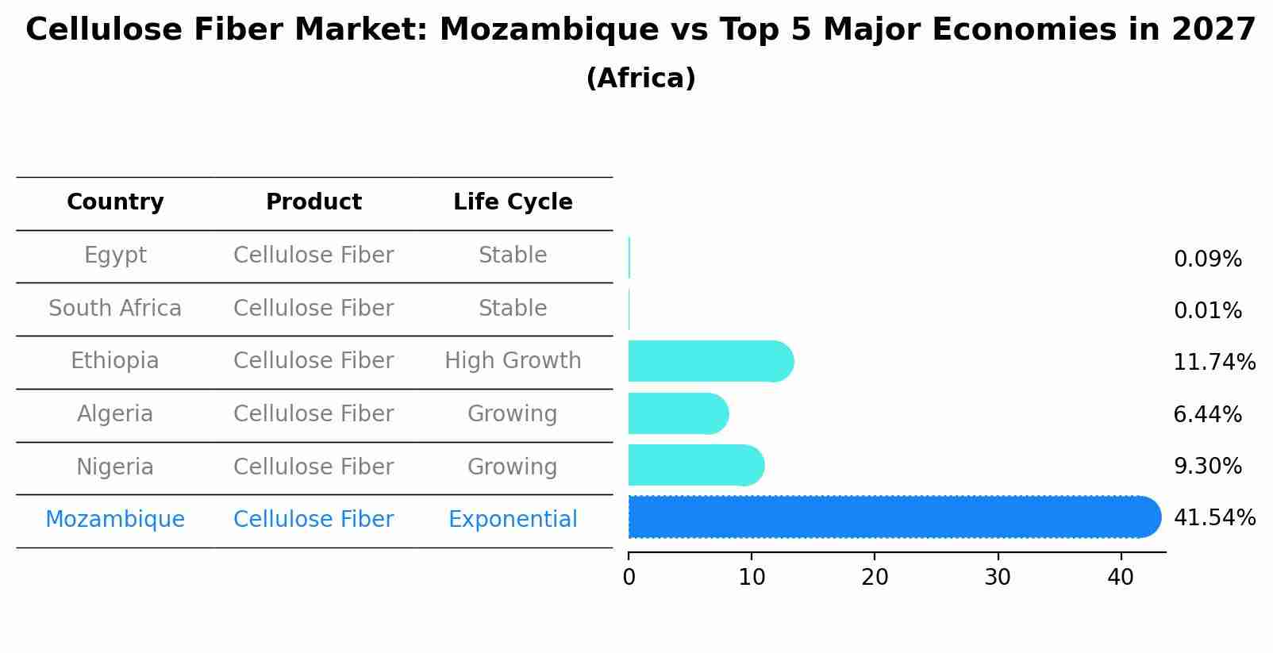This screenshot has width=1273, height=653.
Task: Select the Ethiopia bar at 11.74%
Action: [710, 362]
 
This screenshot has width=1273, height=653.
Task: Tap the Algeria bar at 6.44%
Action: [677, 413]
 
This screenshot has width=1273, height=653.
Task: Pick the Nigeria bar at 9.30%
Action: [695, 466]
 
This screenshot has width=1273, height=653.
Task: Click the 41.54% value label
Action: [1213, 518]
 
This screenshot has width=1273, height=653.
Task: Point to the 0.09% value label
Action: [1207, 259]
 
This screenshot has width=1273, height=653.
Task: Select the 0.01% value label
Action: [1207, 311]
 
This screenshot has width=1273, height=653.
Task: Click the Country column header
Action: [115, 202]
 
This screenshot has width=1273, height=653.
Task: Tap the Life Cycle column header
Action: [513, 202]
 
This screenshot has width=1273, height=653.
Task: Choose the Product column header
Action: [313, 202]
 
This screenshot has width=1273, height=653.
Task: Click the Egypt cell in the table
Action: [115, 255]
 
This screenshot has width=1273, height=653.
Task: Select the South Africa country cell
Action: [115, 309]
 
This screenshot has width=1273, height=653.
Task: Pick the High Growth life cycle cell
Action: [513, 361]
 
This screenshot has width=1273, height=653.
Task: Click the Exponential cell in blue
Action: [513, 520]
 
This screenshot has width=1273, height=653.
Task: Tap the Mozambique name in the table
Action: [115, 520]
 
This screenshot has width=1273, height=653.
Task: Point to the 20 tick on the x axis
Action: [875, 578]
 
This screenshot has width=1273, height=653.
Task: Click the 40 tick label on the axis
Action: [1121, 578]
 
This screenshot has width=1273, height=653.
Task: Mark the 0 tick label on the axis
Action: [629, 578]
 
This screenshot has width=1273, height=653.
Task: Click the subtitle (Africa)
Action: [640, 79]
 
